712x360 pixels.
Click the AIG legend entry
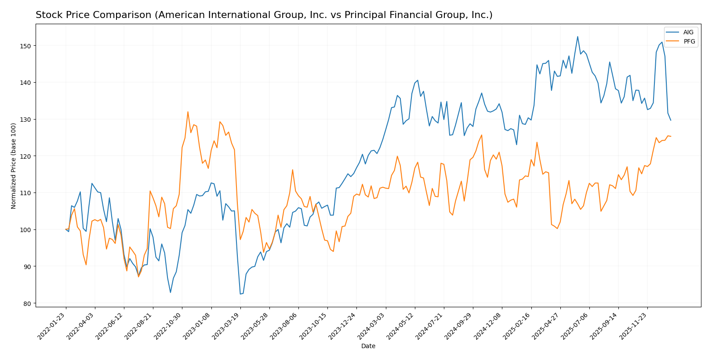[688, 32]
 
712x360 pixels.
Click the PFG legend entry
[689, 41]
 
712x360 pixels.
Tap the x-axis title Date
[368, 346]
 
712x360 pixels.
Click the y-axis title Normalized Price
[14, 166]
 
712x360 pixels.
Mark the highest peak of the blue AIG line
[578, 36]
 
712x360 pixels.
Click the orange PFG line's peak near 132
[188, 112]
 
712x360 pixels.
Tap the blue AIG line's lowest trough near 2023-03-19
[240, 294]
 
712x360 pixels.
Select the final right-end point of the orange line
[671, 136]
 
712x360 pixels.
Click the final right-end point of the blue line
[671, 120]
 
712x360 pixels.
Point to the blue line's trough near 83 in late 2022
[171, 292]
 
